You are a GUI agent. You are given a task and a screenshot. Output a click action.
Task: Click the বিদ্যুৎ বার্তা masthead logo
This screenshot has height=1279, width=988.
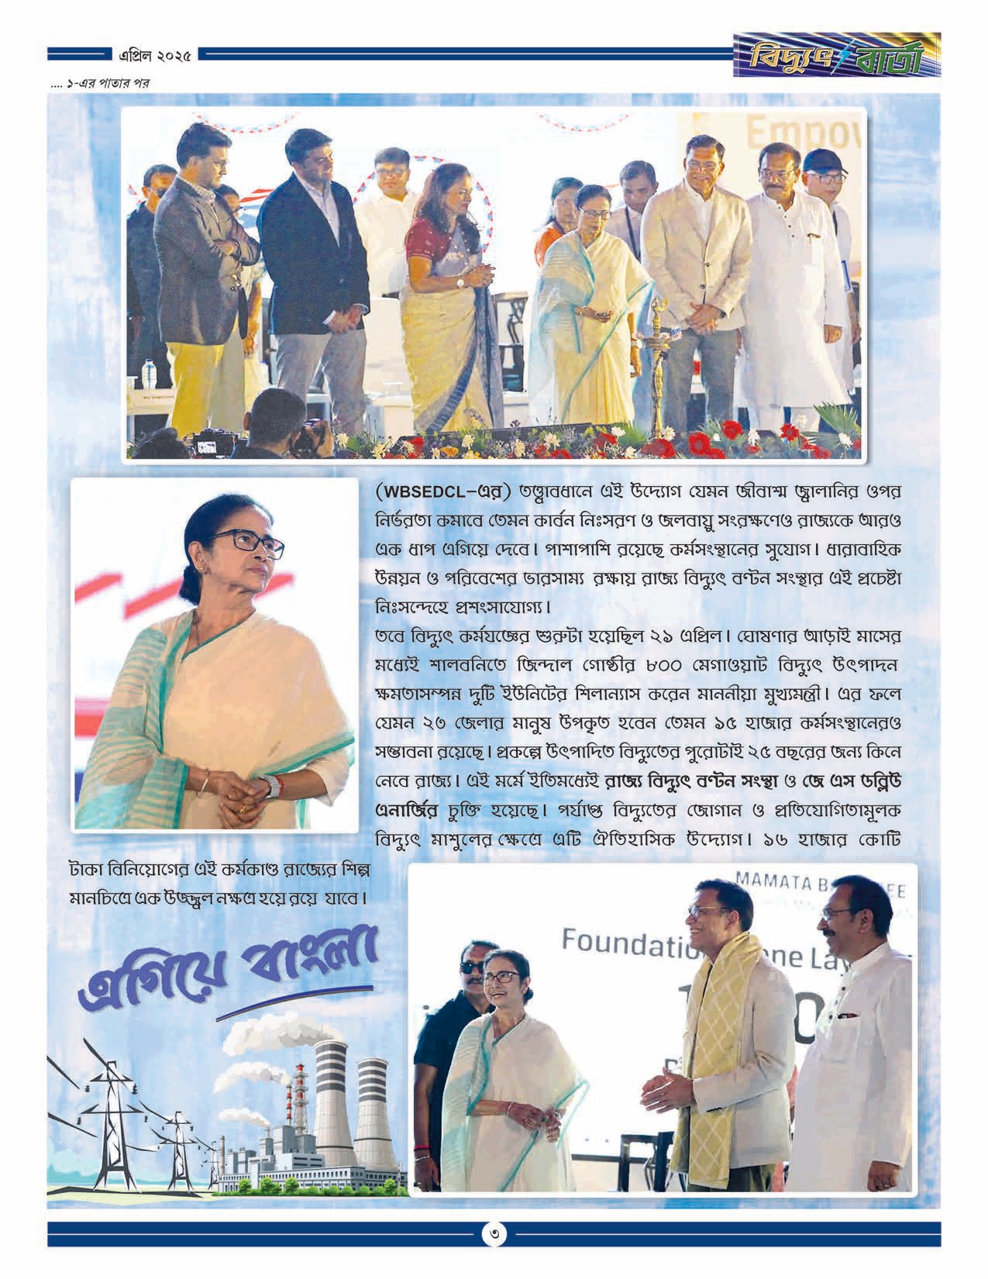click(x=838, y=55)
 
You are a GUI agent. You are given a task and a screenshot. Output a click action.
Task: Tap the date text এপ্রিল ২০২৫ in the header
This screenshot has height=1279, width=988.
click(x=156, y=56)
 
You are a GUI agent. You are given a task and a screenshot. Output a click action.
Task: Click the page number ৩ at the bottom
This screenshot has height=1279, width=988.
click(x=493, y=1234)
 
